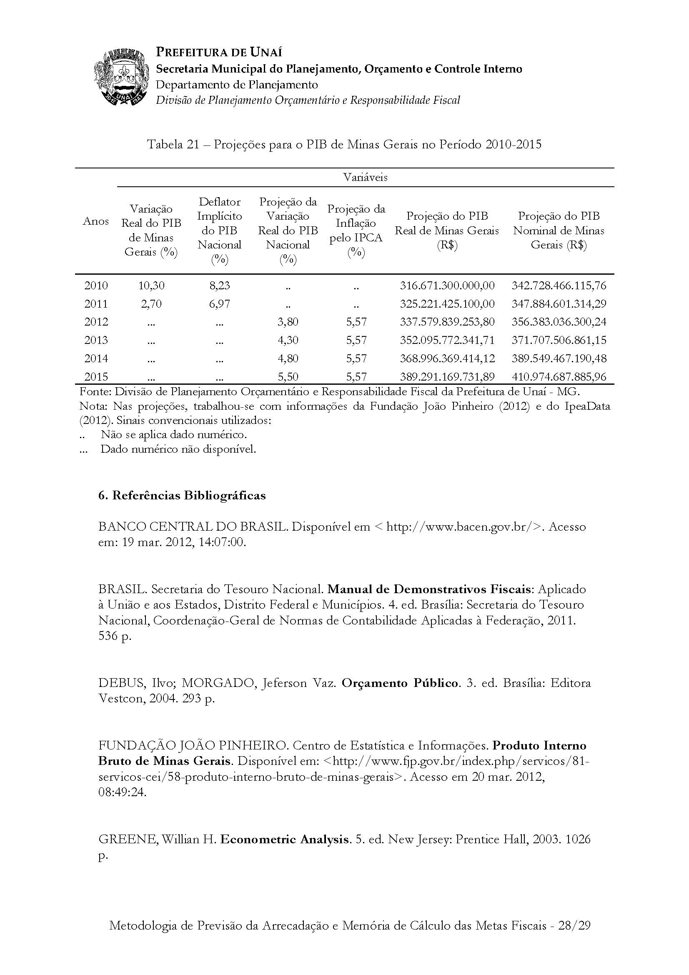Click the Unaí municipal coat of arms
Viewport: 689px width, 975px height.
(122, 77)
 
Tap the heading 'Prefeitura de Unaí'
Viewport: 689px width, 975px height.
(219, 52)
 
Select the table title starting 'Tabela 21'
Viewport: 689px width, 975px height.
(344, 145)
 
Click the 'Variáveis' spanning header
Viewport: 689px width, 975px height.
(365, 177)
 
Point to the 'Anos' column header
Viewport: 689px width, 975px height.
(96, 221)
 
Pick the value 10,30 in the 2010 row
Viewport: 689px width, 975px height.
(151, 286)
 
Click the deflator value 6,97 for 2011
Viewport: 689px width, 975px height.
(220, 303)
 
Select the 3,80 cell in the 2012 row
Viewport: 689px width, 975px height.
(288, 322)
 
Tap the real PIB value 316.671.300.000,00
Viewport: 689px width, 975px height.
(447, 286)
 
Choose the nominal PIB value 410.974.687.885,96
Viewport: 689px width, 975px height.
(559, 377)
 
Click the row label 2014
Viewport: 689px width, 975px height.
(96, 358)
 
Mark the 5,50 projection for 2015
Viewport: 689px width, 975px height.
(288, 377)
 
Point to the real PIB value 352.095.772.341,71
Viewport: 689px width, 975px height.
(447, 340)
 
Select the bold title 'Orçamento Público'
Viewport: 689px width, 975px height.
(400, 683)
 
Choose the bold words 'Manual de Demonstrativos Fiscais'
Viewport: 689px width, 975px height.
(429, 589)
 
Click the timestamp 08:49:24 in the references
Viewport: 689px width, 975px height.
(122, 793)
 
